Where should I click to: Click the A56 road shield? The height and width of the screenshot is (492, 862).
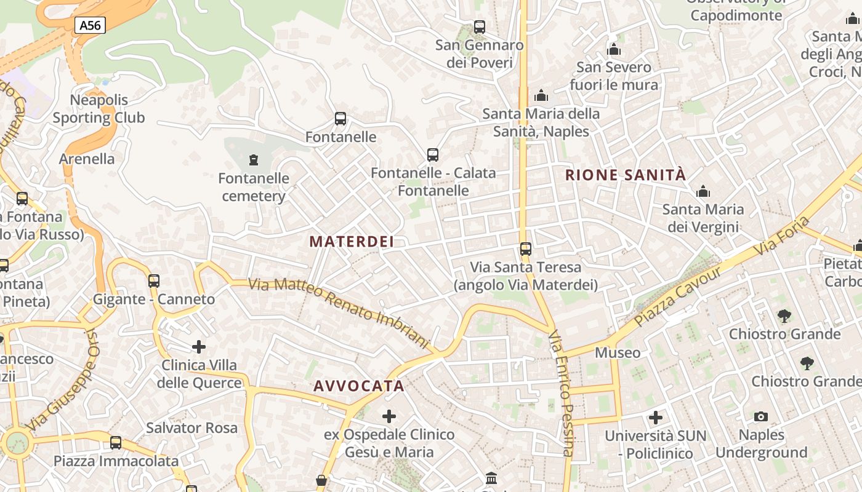(x=90, y=25)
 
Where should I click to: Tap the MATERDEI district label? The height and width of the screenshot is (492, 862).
(x=352, y=242)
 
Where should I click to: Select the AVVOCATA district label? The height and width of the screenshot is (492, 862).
(x=359, y=386)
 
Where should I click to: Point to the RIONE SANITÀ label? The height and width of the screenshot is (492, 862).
(x=625, y=175)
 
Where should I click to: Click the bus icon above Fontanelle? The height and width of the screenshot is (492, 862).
(x=340, y=119)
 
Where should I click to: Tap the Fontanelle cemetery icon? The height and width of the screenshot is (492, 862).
(x=253, y=161)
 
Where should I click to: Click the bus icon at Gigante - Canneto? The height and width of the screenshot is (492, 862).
(x=154, y=281)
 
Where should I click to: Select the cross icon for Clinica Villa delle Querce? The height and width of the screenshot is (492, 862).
(x=198, y=347)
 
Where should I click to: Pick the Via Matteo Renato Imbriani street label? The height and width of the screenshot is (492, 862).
(x=338, y=312)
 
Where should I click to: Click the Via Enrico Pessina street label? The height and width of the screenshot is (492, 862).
(x=561, y=394)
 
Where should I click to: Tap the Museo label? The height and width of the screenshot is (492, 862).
(x=618, y=353)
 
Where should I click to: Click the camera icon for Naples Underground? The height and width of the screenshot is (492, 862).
(x=761, y=417)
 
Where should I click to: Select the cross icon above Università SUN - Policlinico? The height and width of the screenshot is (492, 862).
(x=656, y=418)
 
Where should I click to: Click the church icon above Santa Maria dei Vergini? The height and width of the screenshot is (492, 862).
(x=703, y=192)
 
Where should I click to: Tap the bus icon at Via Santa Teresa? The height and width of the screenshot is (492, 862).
(x=525, y=249)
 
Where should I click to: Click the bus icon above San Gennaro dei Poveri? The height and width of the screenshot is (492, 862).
(x=480, y=27)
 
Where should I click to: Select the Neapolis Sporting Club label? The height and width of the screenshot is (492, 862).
(x=99, y=109)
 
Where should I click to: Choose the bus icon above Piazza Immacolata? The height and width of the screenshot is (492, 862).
(x=116, y=443)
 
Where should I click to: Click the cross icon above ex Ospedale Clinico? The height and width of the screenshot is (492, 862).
(x=389, y=417)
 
